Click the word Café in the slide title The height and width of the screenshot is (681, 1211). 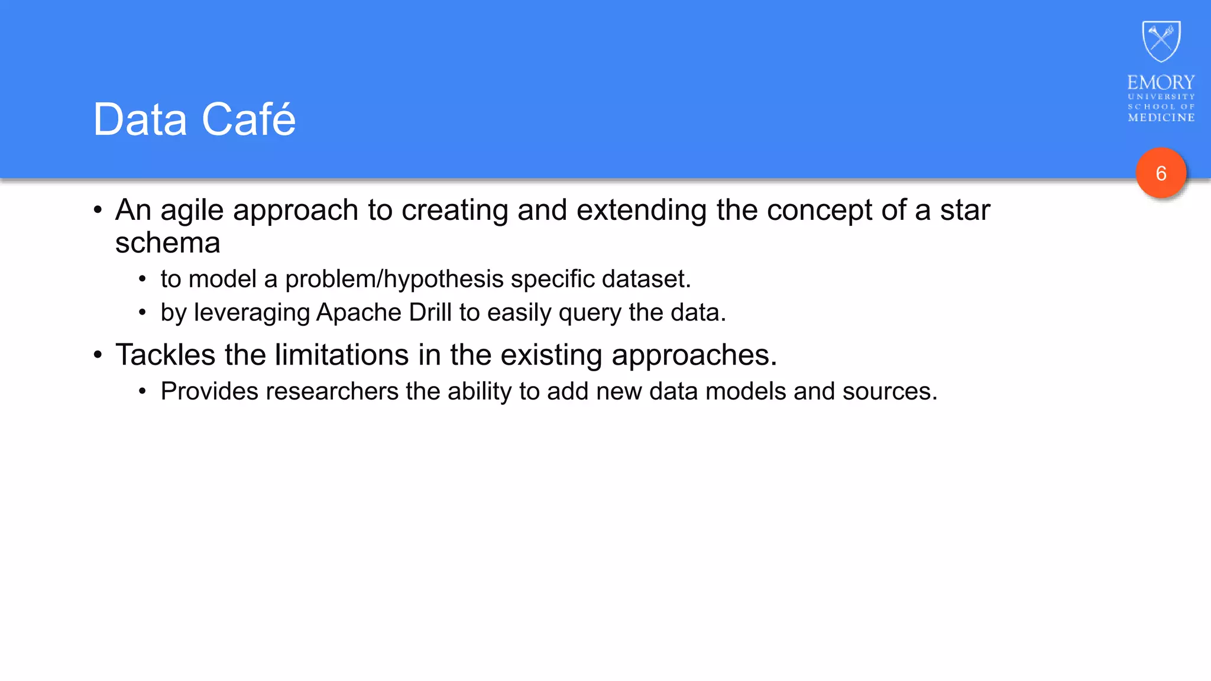[248, 119]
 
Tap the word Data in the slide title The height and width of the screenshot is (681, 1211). [140, 119]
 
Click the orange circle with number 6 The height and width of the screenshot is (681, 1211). [1161, 173]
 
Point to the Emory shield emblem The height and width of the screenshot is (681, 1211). [1161, 41]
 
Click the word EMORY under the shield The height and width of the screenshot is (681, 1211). [1161, 82]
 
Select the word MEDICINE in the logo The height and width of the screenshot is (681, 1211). [1161, 118]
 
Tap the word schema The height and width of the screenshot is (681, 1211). [167, 243]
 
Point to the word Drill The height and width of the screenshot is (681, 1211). [430, 313]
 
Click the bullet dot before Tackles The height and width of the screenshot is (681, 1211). [98, 356]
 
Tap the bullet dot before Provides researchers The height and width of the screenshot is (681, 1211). [142, 391]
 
